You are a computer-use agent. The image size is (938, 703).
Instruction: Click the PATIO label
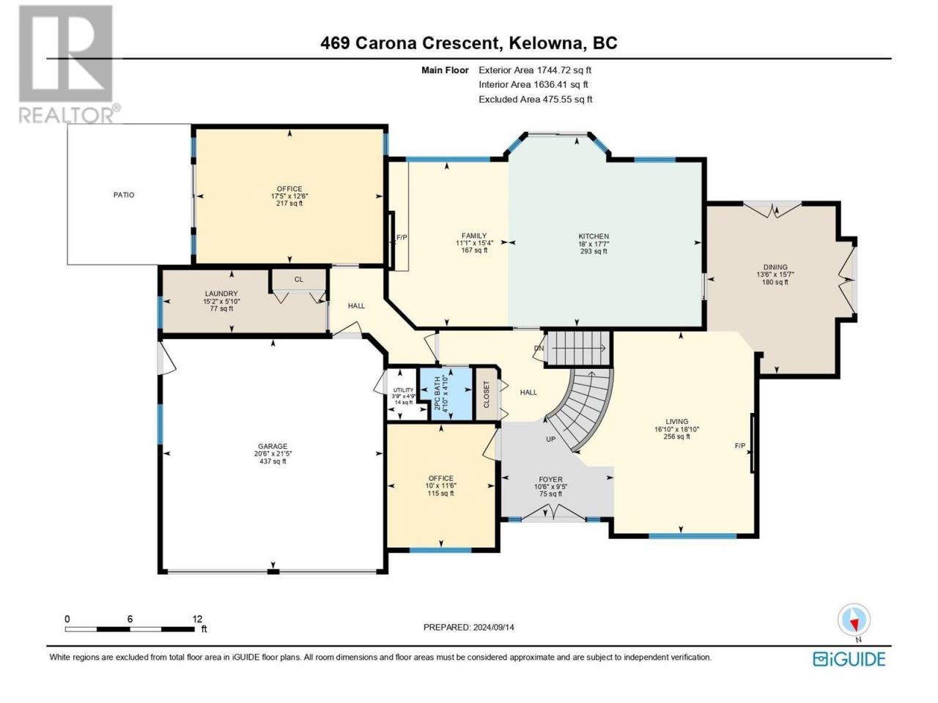tap(124, 195)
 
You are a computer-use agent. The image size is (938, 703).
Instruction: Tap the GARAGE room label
tap(273, 447)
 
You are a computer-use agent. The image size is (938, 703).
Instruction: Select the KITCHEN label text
tap(594, 237)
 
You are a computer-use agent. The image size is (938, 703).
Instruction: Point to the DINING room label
tap(775, 267)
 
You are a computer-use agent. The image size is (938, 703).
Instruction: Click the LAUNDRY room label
tap(221, 294)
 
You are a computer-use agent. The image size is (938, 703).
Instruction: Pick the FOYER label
tap(551, 480)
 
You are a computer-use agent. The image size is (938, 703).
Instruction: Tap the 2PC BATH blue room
tap(446, 393)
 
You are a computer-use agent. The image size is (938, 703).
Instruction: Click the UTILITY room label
tap(403, 390)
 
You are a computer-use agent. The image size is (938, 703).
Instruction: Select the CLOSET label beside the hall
tap(487, 394)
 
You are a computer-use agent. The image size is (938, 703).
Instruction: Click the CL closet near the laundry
tap(299, 280)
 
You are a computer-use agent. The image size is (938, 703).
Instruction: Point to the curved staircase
tap(583, 409)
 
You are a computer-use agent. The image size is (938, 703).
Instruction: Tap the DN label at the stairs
tap(539, 349)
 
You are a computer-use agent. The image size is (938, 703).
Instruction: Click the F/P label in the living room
tap(740, 446)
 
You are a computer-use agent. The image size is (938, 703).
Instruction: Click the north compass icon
tap(854, 620)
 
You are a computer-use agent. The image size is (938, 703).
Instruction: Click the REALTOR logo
tap(68, 64)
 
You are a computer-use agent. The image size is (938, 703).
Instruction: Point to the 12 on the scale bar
tap(197, 619)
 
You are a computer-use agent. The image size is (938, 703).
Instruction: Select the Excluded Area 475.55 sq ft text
tap(536, 100)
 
